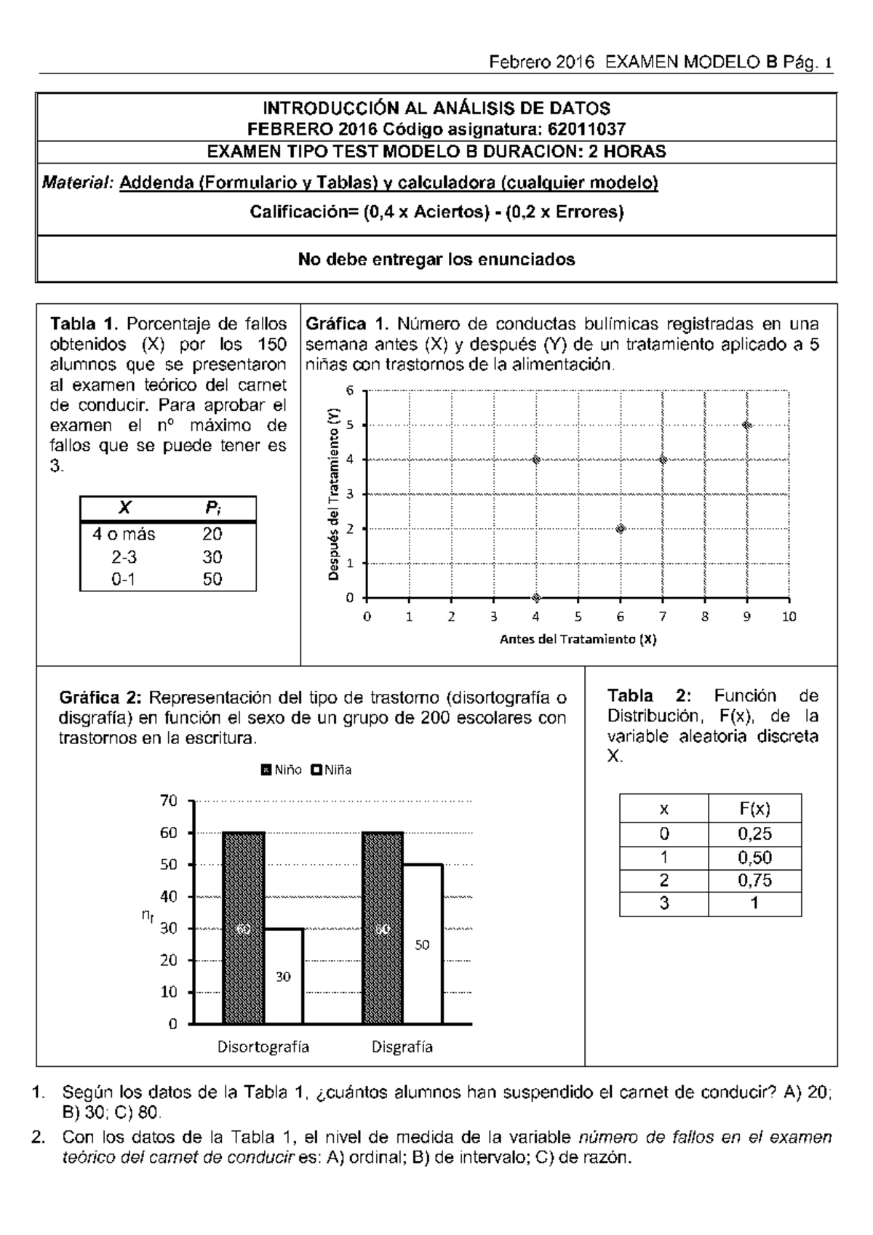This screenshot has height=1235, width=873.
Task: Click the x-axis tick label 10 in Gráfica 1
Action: (789, 617)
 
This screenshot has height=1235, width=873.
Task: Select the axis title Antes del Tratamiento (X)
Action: (578, 639)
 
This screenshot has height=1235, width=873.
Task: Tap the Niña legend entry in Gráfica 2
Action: (332, 770)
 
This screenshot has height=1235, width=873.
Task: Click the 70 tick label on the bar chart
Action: (168, 801)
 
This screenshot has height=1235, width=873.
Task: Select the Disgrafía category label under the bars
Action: (402, 1047)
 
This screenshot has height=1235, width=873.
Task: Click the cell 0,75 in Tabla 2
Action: (754, 880)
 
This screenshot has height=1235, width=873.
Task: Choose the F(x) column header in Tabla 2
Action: (754, 809)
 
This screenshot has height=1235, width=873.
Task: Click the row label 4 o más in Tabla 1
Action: (124, 534)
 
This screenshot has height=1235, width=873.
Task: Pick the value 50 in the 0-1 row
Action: (212, 580)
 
